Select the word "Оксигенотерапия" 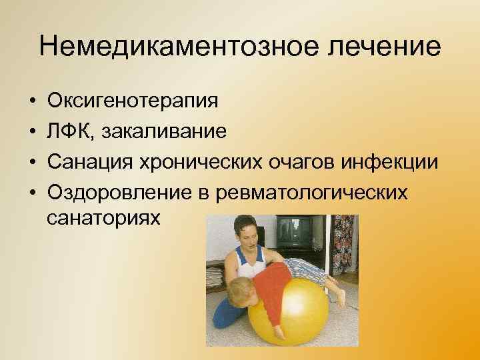click(x=133, y=101)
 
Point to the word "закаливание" click(x=163, y=131)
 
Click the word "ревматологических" click(x=315, y=192)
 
